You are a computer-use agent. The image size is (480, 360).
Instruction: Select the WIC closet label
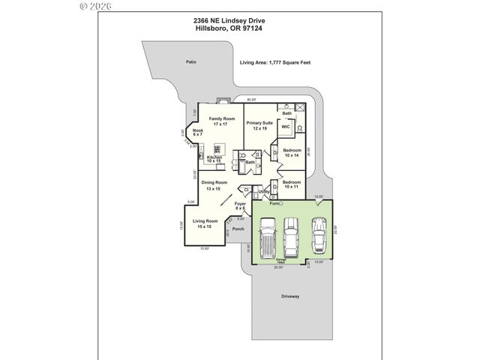(x=285, y=127)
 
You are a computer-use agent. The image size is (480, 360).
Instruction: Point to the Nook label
(x=198, y=133)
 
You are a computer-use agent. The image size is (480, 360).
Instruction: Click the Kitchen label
(x=214, y=159)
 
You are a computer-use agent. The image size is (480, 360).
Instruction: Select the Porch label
(x=238, y=229)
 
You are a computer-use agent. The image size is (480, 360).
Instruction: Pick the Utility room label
(x=265, y=192)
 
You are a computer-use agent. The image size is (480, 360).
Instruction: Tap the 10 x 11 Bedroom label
(x=292, y=184)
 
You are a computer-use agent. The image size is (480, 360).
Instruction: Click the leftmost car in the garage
(x=268, y=240)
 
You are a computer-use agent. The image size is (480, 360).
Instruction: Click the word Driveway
(x=290, y=296)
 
